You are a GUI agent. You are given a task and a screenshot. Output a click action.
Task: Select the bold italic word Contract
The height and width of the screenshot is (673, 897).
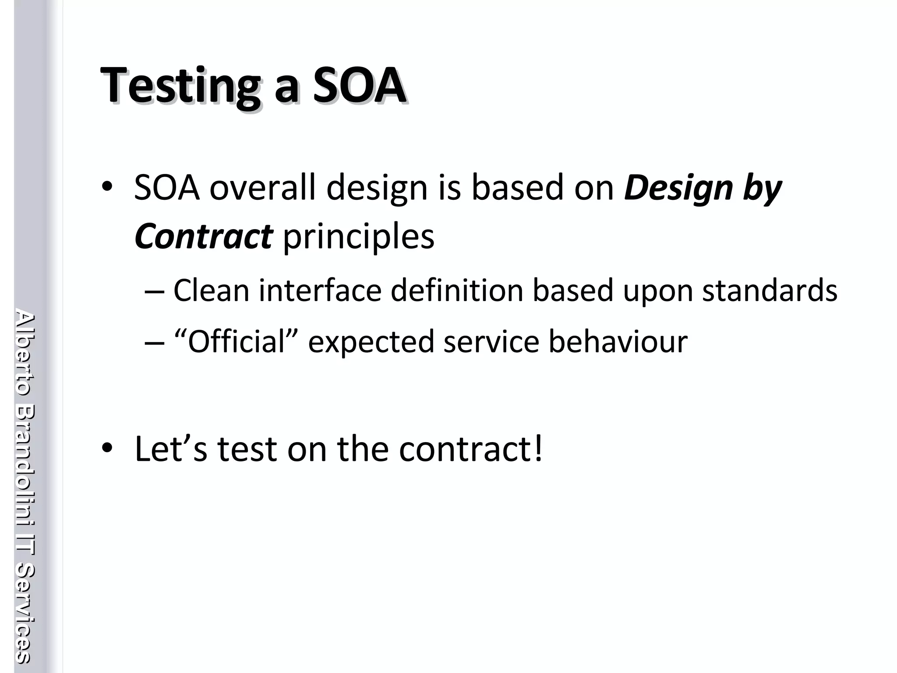pyautogui.click(x=204, y=236)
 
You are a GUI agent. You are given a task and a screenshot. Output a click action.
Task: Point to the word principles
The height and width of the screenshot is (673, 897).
pyautogui.click(x=359, y=237)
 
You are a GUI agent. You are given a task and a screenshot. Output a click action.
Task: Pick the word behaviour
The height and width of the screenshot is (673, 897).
pyautogui.click(x=618, y=341)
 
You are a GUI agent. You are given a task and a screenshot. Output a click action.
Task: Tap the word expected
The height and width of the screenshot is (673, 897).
pyautogui.click(x=371, y=342)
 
